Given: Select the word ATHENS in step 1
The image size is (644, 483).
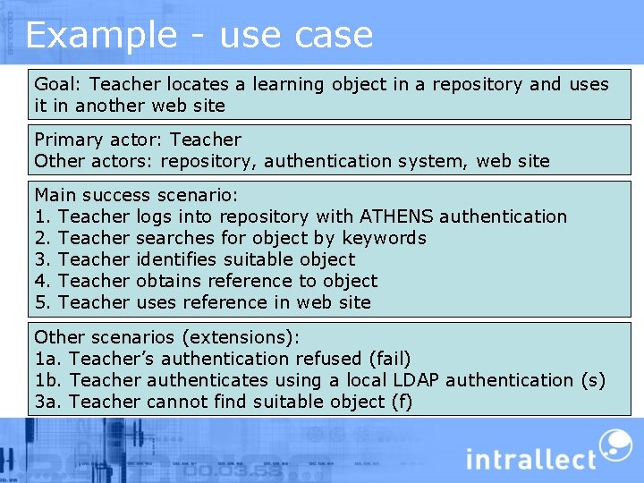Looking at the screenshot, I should pos(396,216).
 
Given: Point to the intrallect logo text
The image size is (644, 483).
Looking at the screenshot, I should pos(530,459).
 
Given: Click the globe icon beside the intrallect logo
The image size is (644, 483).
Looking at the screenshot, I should pos(614,445).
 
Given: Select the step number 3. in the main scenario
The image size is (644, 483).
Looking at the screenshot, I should pos(43,259).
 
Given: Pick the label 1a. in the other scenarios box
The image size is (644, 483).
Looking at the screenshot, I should pos(47,359).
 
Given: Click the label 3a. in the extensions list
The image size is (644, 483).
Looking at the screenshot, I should pos(47,402).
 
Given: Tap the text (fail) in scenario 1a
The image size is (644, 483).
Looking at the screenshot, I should pos(389,359).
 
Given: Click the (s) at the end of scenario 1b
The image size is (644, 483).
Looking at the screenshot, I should pos(592,380).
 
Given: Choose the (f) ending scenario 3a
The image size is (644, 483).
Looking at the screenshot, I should pos(402,402).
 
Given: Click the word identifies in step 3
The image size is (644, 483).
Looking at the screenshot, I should pos(175,259).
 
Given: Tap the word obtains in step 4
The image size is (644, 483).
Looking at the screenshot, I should pos(168,281).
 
